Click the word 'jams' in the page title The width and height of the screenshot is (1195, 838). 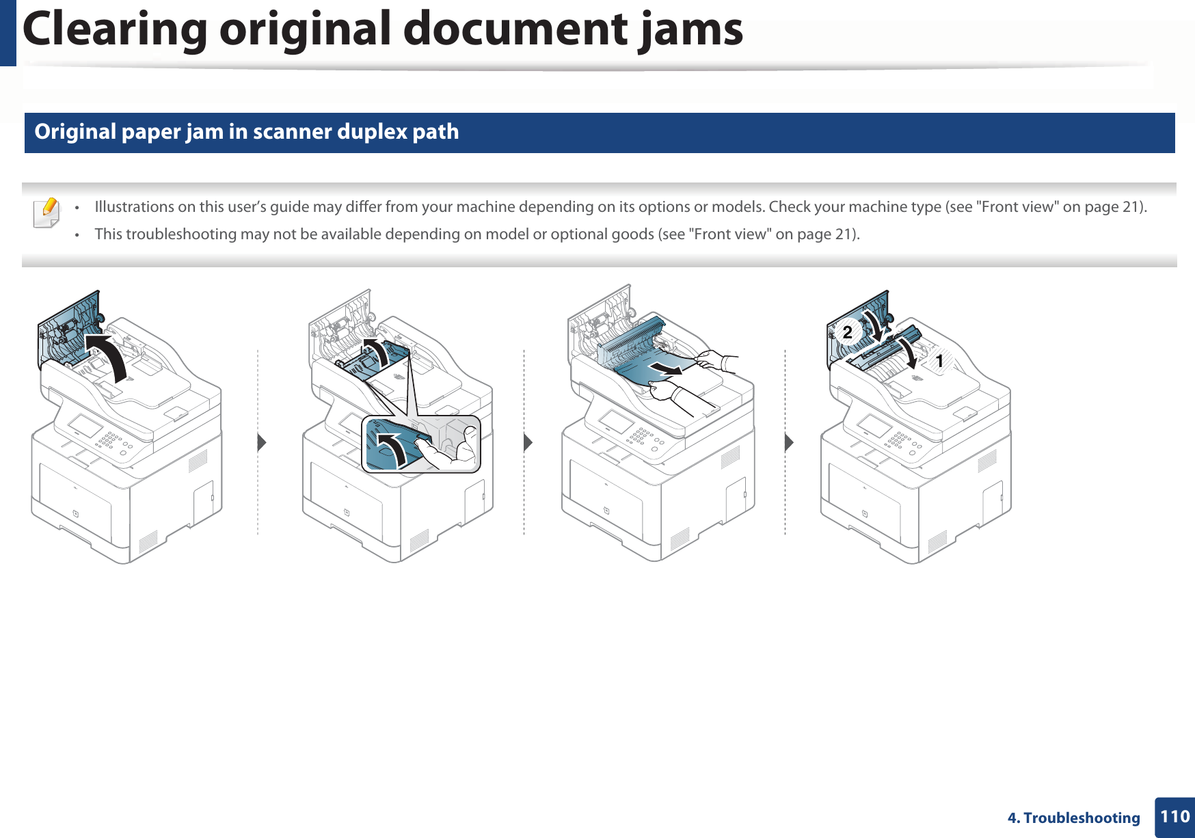[x=690, y=30]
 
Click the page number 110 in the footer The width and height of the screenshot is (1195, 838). [x=1174, y=816]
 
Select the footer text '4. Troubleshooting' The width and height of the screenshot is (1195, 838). [x=1073, y=817]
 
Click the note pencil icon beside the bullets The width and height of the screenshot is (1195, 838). [x=46, y=213]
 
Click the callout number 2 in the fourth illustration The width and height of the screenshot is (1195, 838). [x=848, y=332]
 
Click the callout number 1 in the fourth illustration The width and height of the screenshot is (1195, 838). [x=939, y=360]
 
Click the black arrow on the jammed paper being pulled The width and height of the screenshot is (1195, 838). [x=666, y=369]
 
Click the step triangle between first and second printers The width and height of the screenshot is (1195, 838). [x=261, y=442]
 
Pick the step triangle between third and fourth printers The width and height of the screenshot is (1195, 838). [x=789, y=442]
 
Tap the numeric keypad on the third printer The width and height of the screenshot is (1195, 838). [x=641, y=436]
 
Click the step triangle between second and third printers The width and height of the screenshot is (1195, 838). [x=527, y=442]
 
